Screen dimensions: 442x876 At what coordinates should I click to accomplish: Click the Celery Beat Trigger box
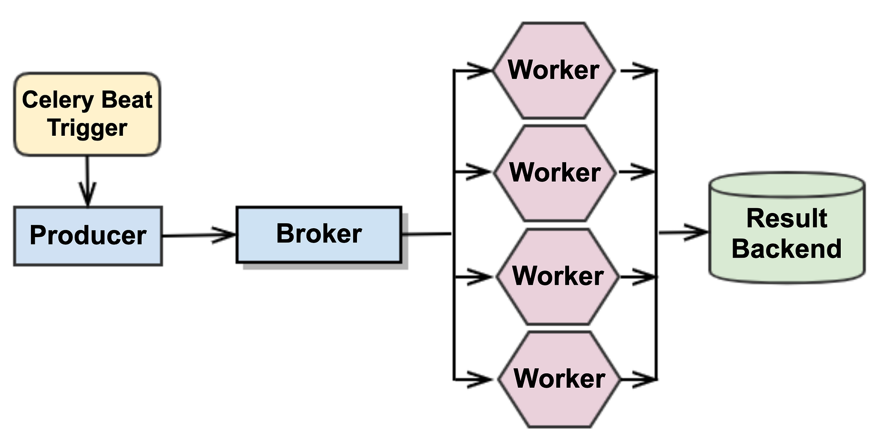click(x=87, y=114)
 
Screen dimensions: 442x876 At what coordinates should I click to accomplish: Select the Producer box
click(x=88, y=236)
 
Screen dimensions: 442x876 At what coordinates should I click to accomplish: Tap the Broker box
click(x=319, y=234)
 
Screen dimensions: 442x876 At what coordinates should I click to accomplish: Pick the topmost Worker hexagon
click(x=553, y=70)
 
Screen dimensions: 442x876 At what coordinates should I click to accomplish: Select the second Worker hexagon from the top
click(x=555, y=173)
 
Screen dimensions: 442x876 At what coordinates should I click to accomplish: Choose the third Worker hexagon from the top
click(x=557, y=276)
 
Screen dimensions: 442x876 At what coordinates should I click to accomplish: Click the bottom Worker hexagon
click(x=559, y=379)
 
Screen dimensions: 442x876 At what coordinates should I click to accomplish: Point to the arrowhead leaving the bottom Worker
click(x=644, y=380)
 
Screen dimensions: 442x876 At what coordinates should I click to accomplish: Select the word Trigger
click(x=87, y=128)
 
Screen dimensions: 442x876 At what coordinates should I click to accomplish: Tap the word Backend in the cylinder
click(x=787, y=249)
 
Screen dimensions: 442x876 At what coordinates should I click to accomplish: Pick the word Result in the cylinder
click(x=787, y=219)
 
